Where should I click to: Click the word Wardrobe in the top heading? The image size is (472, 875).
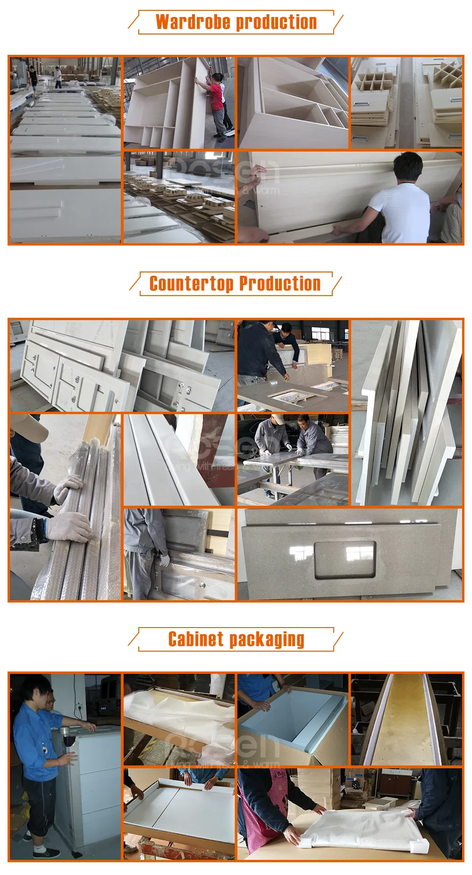tap(193, 22)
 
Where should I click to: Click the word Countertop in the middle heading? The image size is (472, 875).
tap(191, 284)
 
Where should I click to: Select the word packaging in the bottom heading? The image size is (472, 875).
tap(267, 639)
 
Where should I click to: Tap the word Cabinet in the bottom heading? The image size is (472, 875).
tap(196, 639)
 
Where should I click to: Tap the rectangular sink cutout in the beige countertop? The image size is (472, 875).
tap(345, 559)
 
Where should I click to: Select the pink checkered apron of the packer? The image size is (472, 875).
tap(264, 812)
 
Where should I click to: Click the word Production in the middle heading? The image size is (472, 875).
tap(280, 284)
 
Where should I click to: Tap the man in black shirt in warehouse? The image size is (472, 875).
tap(33, 76)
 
